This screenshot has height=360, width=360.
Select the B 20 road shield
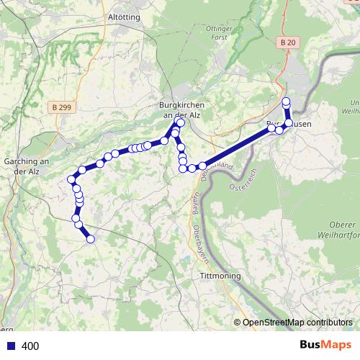click(x=287, y=43)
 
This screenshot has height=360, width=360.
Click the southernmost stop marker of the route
click(x=91, y=239)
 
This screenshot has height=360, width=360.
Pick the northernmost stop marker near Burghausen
click(x=286, y=102)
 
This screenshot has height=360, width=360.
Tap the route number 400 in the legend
click(x=30, y=346)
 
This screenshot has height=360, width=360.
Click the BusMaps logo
click(x=325, y=346)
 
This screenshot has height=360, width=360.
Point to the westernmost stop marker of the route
click(x=71, y=179)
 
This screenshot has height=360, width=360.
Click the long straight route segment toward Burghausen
click(x=238, y=147)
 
